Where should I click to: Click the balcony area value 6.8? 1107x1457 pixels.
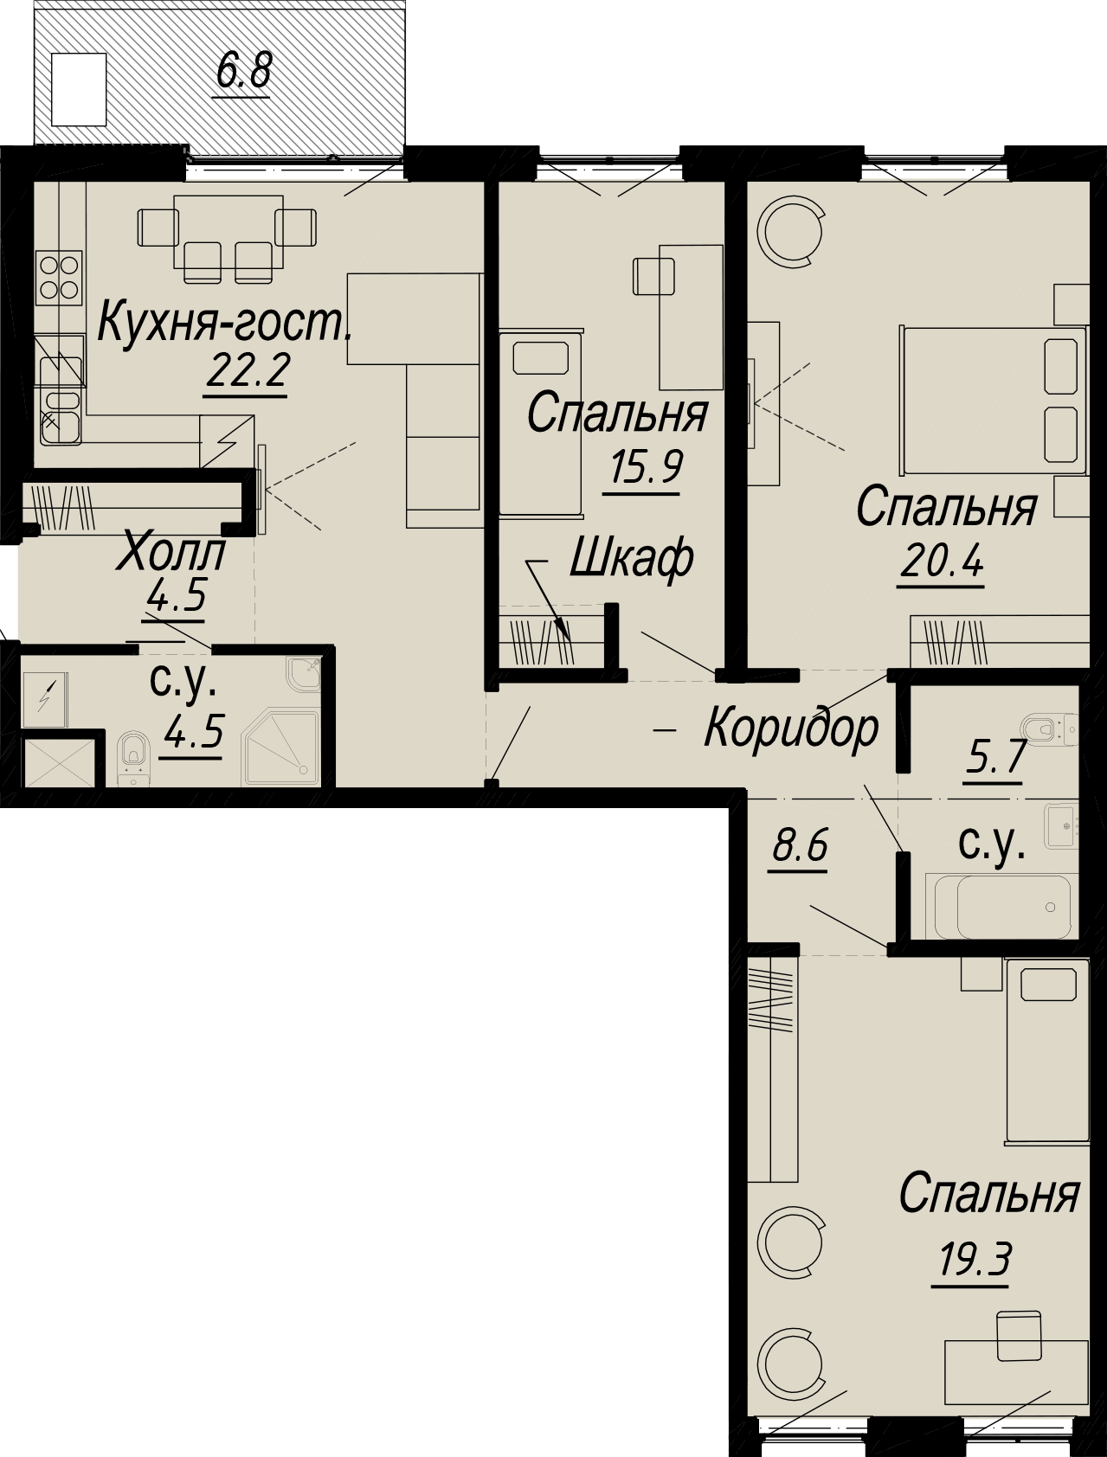244,72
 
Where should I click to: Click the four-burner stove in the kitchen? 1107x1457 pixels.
59,277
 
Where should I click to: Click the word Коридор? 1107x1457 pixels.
792,729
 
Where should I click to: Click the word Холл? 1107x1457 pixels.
173,552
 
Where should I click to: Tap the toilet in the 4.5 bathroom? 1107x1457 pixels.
132,757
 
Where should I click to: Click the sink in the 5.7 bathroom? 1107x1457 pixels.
1059,825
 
